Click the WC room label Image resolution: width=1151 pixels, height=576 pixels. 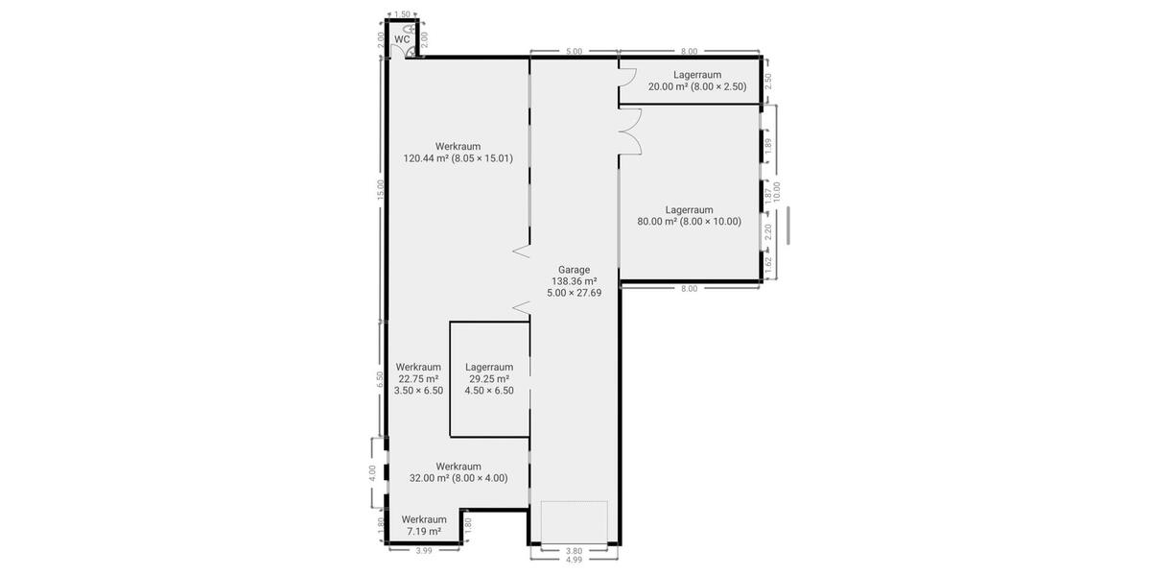(401, 39)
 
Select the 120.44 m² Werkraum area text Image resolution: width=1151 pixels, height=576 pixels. (458, 153)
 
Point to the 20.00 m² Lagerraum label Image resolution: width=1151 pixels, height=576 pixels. (696, 81)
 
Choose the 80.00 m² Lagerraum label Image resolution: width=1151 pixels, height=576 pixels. (689, 215)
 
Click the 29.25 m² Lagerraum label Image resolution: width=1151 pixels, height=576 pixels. (489, 378)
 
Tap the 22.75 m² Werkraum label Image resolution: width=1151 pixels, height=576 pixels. (418, 378)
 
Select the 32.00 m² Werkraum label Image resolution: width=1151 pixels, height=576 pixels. (458, 472)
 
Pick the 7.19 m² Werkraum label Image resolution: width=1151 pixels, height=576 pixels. (424, 525)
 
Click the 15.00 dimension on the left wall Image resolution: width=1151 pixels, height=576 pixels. (380, 189)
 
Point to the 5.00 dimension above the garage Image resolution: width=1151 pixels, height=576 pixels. (574, 52)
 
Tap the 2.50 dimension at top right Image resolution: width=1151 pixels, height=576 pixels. (767, 81)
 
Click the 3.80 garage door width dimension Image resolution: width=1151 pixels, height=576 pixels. (574, 550)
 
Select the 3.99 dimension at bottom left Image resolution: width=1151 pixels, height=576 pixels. (423, 550)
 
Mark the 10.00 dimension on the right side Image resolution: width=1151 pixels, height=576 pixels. (777, 192)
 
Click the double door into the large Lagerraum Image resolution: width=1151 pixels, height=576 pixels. (629, 131)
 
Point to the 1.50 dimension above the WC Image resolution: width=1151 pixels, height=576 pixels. (403, 14)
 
